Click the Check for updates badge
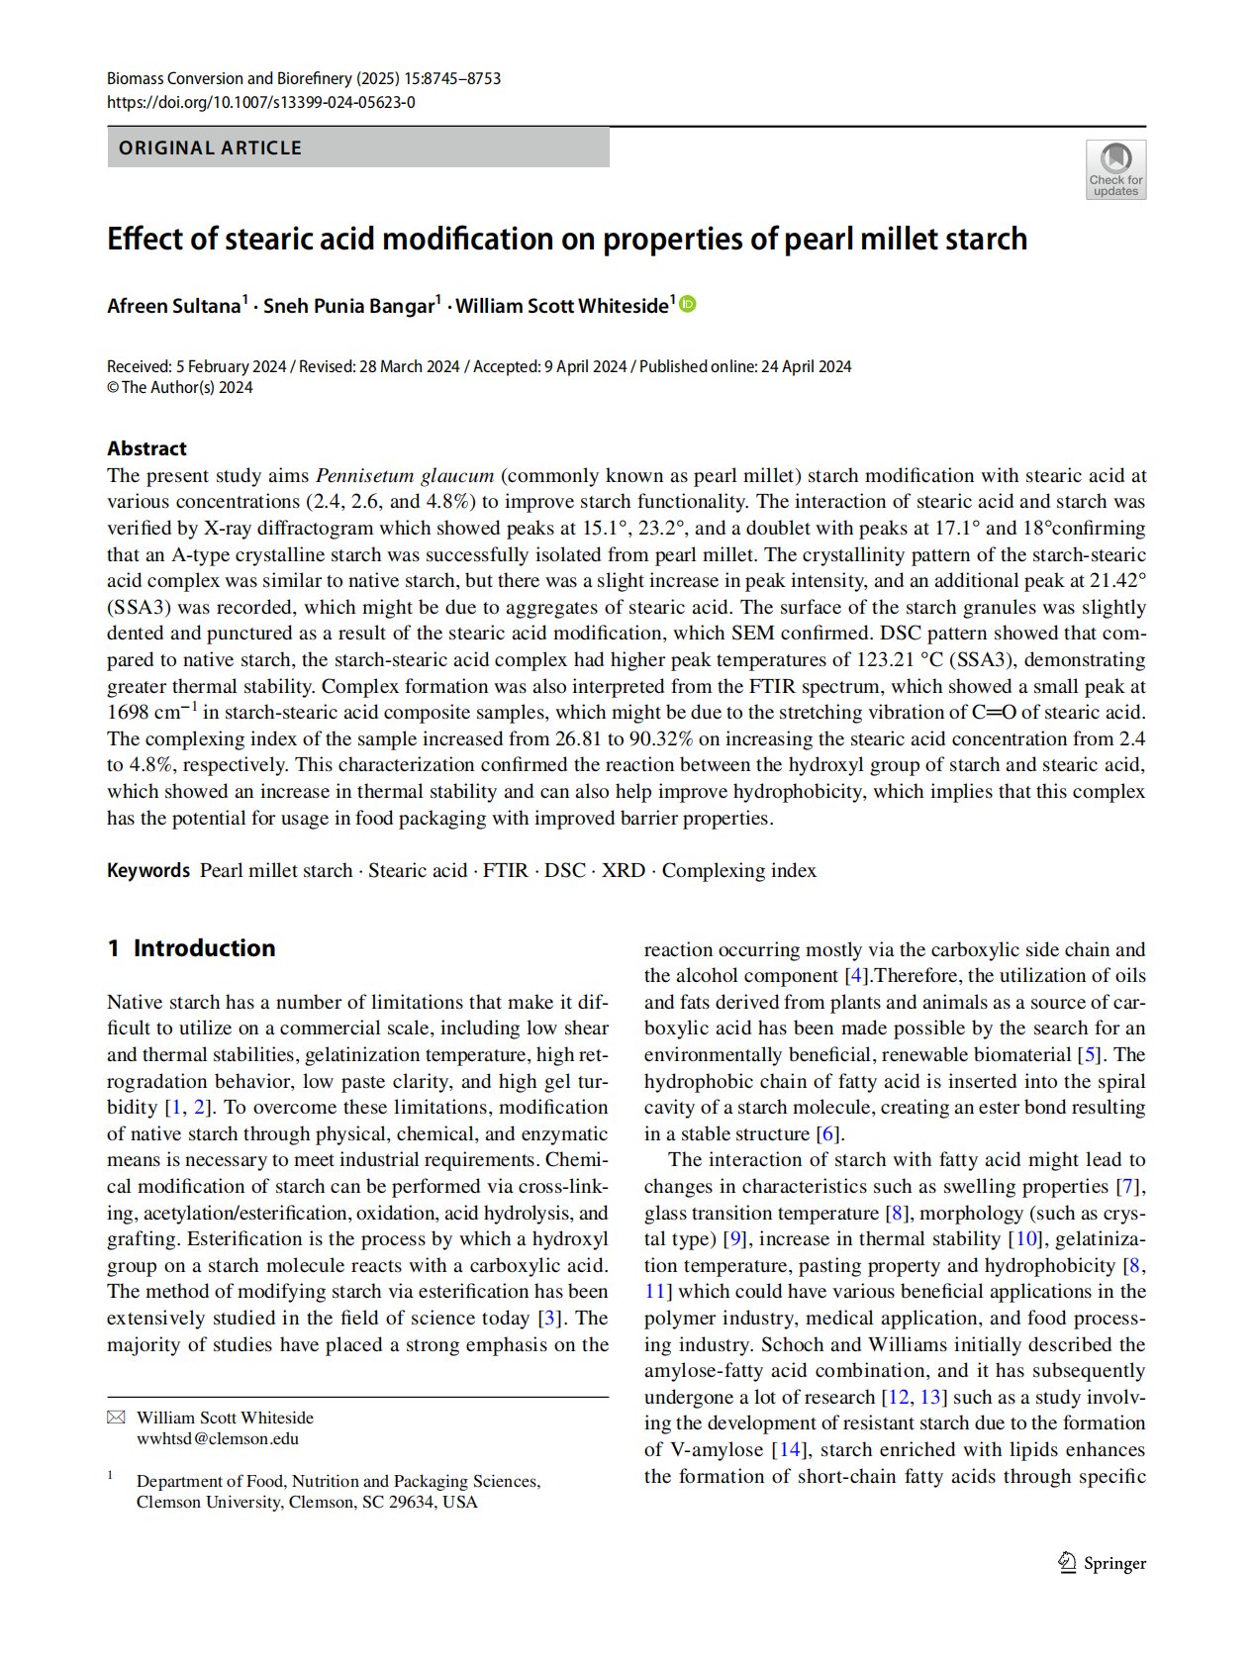click(1115, 169)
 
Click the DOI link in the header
click(260, 102)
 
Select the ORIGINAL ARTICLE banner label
click(210, 147)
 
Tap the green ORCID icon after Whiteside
click(688, 305)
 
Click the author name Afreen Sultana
click(174, 306)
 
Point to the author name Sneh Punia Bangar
click(348, 306)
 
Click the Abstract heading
click(146, 448)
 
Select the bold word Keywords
click(148, 870)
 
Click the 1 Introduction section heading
click(191, 948)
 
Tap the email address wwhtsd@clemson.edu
click(218, 1438)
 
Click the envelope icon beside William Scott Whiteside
click(116, 1418)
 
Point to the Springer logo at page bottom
click(1102, 1563)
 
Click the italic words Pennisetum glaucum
click(404, 475)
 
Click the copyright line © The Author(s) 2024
click(180, 388)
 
